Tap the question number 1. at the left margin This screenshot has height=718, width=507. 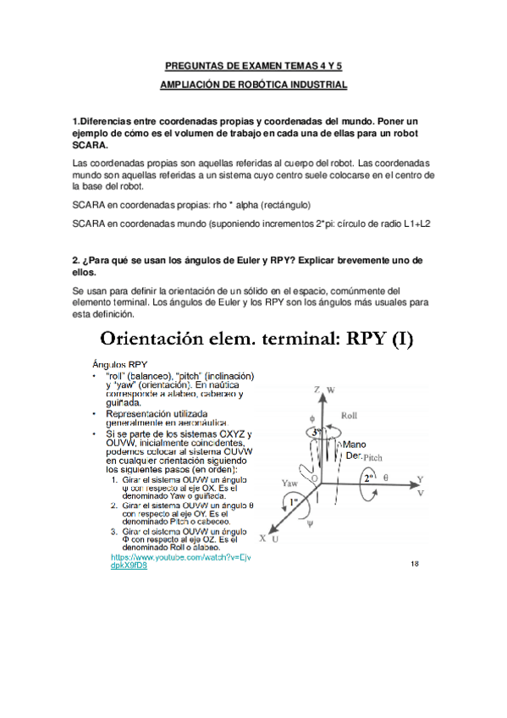77,122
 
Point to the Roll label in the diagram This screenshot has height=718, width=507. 350,416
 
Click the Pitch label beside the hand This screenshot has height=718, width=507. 373,456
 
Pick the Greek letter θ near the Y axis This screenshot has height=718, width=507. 386,478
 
